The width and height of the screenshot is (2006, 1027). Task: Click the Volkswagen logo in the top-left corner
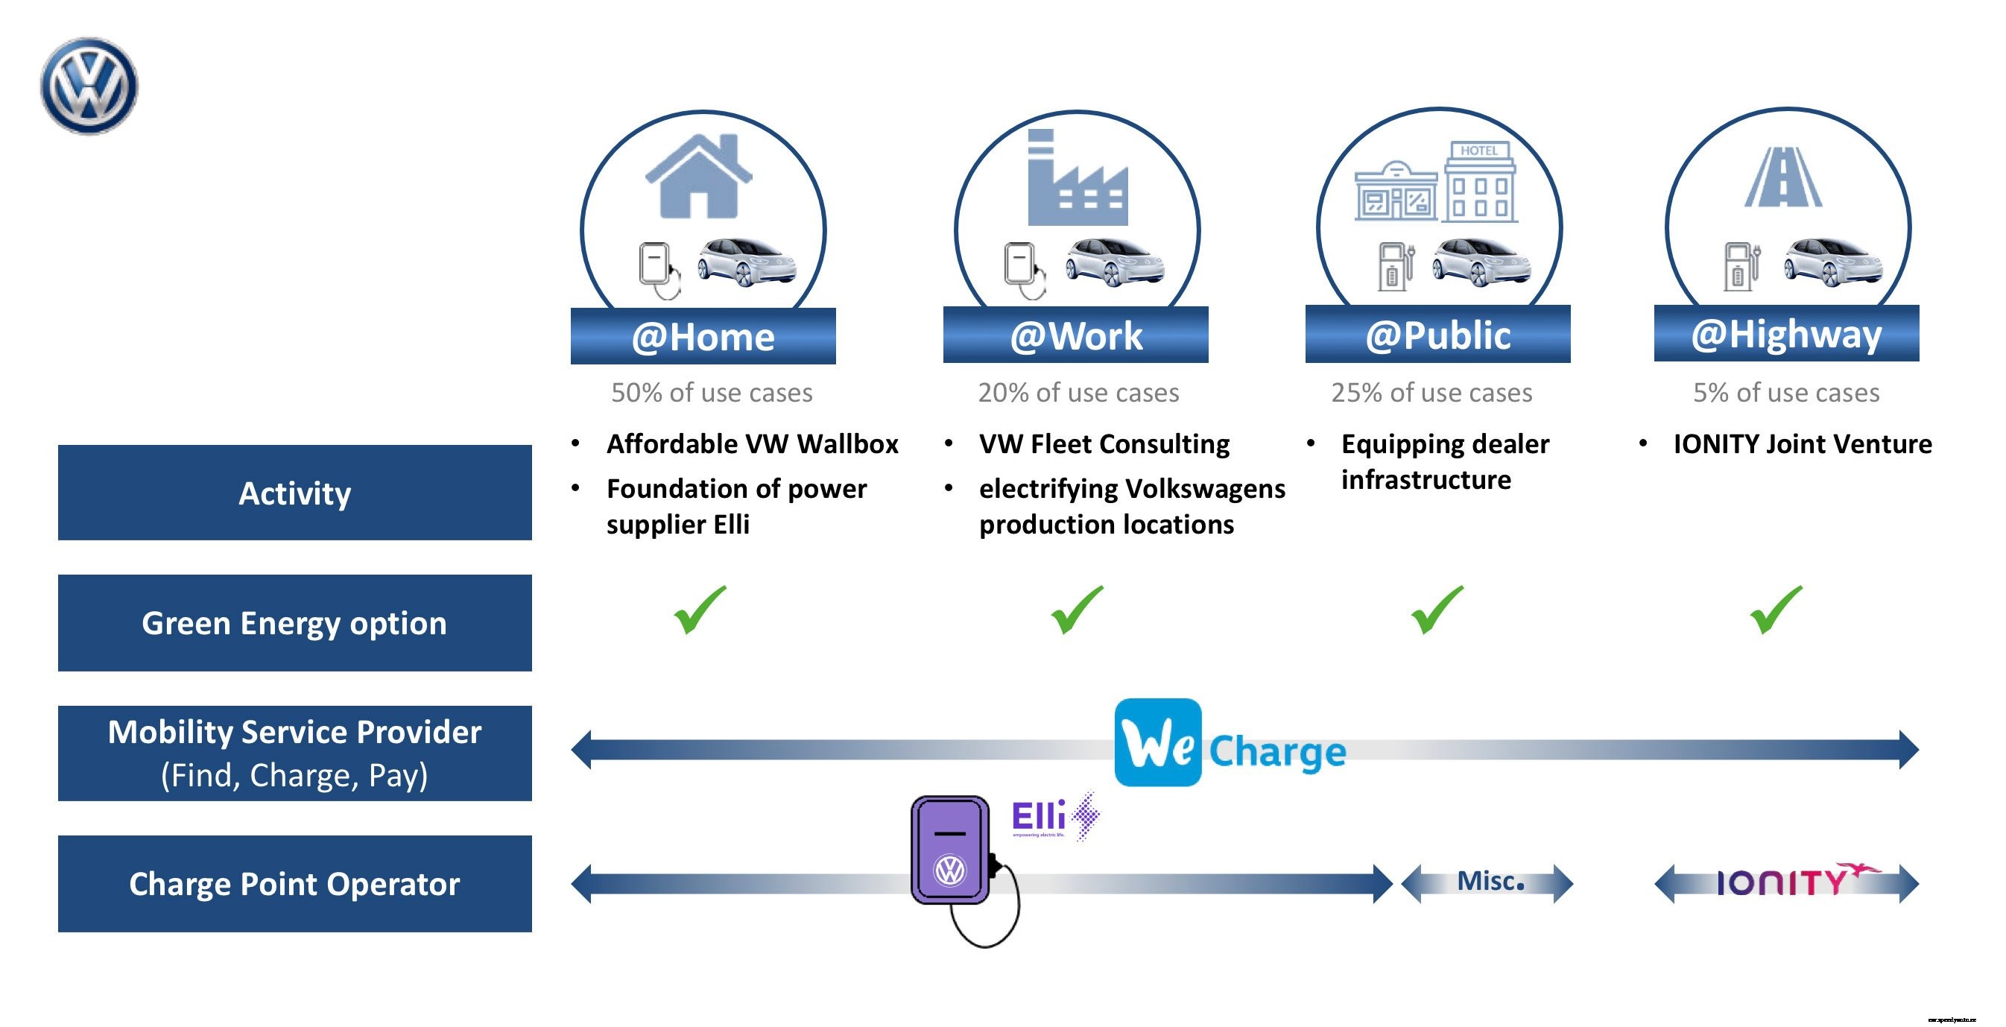89,86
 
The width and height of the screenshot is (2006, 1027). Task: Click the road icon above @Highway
1782,177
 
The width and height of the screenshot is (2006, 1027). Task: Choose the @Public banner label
1437,335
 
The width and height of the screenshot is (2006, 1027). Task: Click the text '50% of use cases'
711,393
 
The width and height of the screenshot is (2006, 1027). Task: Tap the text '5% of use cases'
1785,393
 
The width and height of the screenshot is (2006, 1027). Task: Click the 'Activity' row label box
294,493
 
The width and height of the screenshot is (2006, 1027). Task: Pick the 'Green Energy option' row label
294,623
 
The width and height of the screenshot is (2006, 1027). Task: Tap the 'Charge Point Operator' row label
294,884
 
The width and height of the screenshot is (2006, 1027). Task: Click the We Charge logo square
1157,742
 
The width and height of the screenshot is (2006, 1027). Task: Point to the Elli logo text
1039,817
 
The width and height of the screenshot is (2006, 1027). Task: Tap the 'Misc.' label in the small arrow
1490,882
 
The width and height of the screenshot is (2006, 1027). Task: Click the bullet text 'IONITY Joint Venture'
1802,443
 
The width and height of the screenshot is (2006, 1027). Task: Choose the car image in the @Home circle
746,261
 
